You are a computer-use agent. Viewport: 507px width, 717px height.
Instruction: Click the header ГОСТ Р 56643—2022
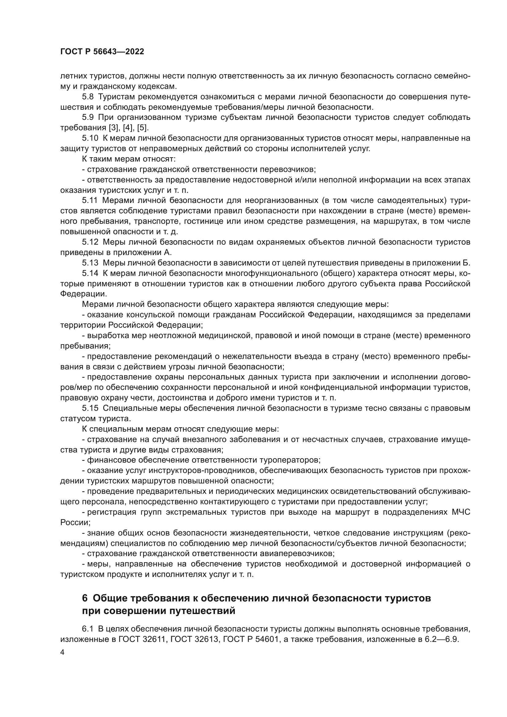(x=102, y=52)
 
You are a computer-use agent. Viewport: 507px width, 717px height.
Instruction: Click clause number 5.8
(x=88, y=97)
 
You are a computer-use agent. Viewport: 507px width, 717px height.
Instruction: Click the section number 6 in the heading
(x=85, y=598)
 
